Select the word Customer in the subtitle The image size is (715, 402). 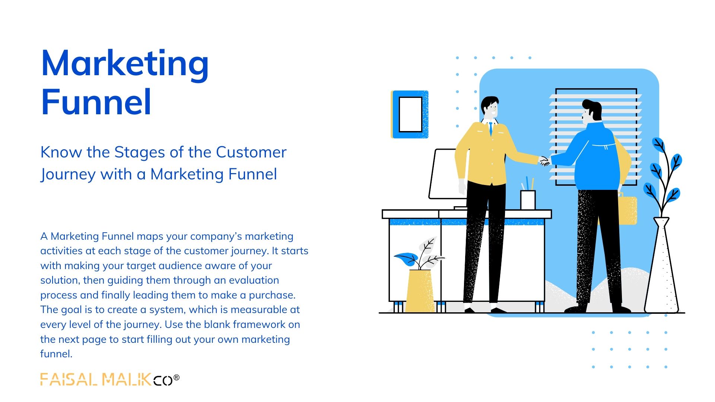coord(251,152)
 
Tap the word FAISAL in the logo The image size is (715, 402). coord(69,379)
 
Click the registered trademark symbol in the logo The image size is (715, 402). coord(177,378)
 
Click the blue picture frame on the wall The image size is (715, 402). coord(410,114)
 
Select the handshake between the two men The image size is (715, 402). coord(544,161)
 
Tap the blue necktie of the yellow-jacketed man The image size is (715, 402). coord(491,128)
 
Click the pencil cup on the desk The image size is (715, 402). coord(528,200)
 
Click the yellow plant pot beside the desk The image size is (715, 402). coord(420,291)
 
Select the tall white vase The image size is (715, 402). coord(662,265)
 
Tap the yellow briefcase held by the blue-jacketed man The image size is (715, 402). coord(627,209)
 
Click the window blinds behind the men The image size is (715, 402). coord(596,137)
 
